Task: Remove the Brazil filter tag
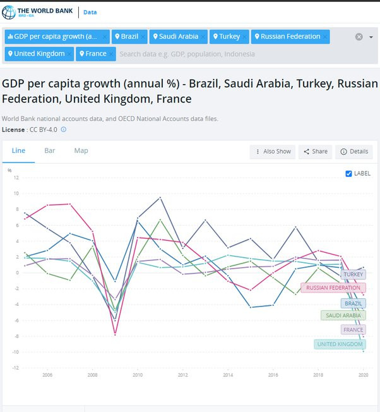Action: (144, 37)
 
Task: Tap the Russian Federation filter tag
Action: (289, 37)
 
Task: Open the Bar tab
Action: (50, 151)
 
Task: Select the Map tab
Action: (81, 151)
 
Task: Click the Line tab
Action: (18, 151)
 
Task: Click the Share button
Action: (314, 152)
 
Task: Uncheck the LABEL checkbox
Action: (349, 174)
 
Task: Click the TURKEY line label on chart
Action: (353, 275)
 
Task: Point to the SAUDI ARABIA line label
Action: (343, 315)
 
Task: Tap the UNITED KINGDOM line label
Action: (340, 344)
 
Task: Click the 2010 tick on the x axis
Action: (138, 375)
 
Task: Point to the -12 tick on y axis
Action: (16, 368)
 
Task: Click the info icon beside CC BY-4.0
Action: (63, 130)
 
